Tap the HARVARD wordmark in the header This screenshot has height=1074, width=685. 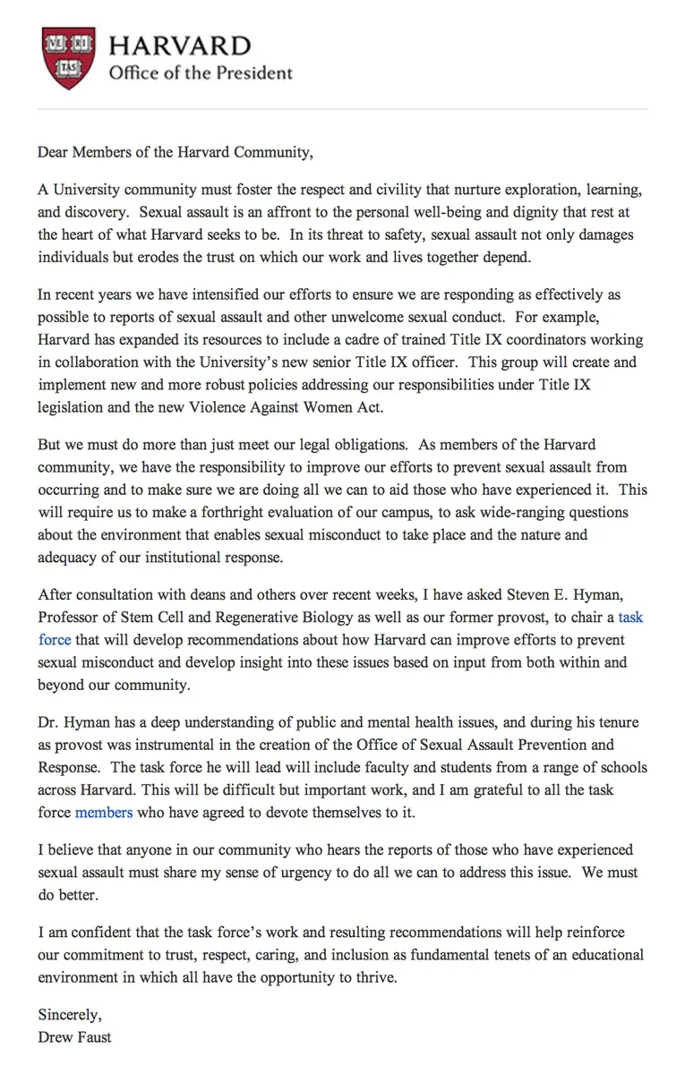tap(180, 46)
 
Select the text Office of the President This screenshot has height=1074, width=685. tap(201, 73)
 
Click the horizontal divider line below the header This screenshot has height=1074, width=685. tap(342, 109)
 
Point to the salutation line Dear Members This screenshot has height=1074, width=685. tap(176, 151)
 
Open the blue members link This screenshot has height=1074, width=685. tap(104, 812)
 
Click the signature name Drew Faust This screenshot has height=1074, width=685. tap(75, 1038)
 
